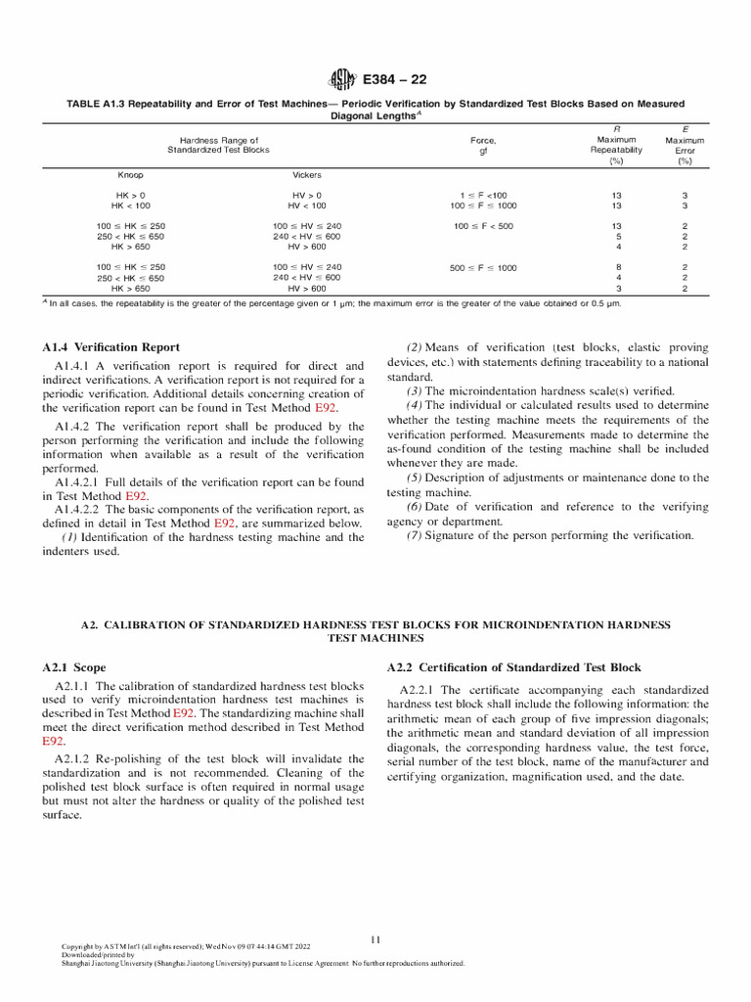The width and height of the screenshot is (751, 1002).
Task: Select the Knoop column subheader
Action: [x=131, y=175]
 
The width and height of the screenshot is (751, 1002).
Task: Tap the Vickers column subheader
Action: [x=307, y=175]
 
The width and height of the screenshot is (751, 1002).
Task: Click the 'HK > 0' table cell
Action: [x=131, y=196]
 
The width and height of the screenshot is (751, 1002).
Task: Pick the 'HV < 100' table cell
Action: [x=307, y=205]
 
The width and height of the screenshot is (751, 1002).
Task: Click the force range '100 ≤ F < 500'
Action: [x=483, y=226]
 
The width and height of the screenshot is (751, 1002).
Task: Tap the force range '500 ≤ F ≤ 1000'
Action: [x=483, y=267]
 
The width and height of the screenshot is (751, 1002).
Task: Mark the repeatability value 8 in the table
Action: [x=616, y=267]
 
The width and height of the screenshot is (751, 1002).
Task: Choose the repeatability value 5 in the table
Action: [x=616, y=236]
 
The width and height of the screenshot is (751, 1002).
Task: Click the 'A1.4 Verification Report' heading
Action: [x=110, y=346]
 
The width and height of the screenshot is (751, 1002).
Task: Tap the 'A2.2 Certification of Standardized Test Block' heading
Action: [x=513, y=667]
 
